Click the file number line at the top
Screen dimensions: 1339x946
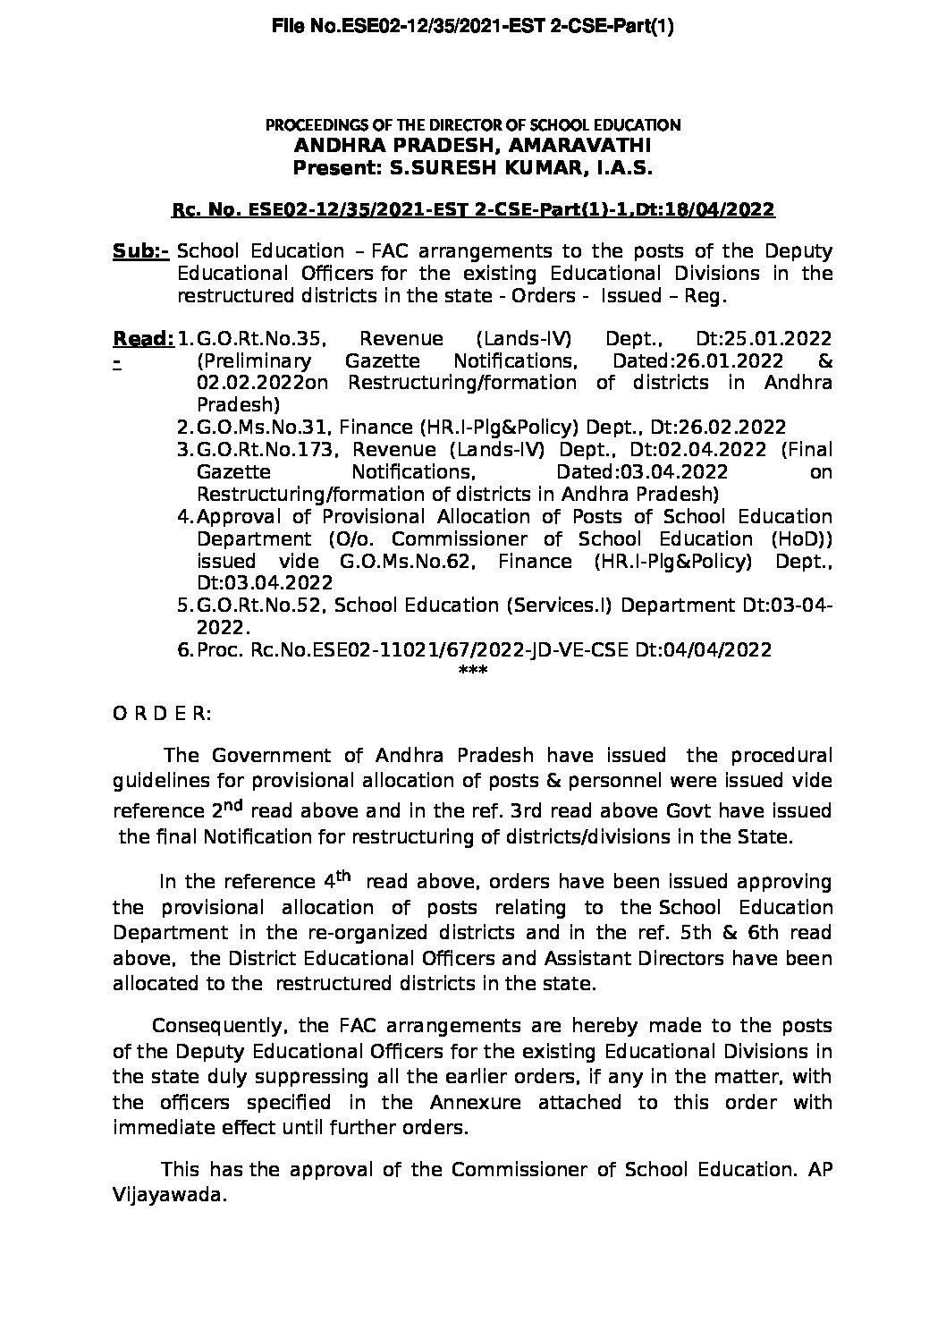point(472,27)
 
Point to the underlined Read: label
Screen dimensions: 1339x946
point(143,339)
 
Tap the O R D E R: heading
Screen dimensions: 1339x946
point(162,714)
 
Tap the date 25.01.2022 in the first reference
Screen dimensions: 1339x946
point(763,339)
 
